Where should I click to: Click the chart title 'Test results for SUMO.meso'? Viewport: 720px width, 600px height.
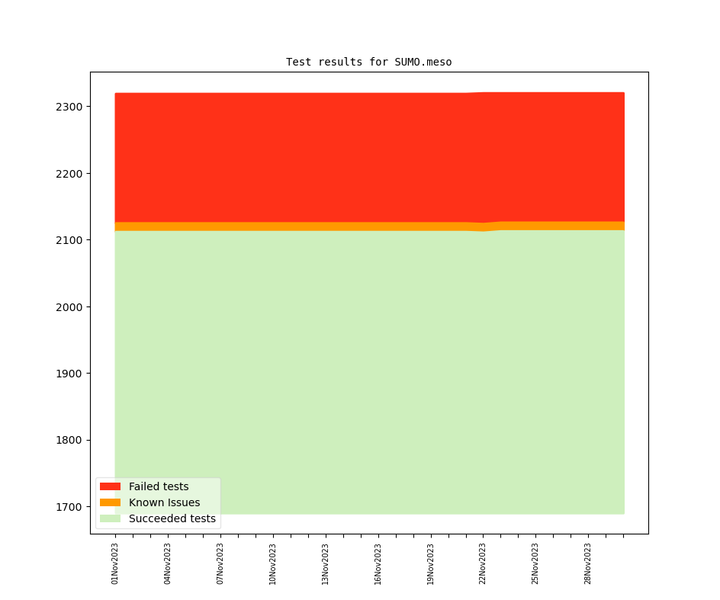click(368, 62)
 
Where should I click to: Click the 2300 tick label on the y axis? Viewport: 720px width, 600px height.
click(69, 107)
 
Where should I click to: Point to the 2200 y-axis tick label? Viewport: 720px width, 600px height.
click(69, 174)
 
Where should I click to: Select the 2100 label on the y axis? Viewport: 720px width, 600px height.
click(69, 240)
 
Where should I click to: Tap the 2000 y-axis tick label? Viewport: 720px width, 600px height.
click(69, 307)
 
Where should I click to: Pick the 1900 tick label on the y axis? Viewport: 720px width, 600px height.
click(69, 374)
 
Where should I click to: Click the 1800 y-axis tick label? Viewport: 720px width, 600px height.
click(69, 441)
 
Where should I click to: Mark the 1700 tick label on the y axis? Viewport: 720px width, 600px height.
click(69, 507)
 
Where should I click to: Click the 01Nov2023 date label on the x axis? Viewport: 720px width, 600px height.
click(115, 563)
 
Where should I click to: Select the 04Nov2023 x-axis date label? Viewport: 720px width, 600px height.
click(168, 563)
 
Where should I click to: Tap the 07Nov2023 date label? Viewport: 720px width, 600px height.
click(220, 563)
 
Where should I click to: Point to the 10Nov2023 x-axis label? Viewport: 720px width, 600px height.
click(273, 563)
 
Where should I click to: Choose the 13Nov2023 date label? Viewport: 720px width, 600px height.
click(326, 563)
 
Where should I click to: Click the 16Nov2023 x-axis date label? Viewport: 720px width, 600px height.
click(378, 563)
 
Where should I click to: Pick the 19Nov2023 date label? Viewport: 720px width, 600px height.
click(431, 563)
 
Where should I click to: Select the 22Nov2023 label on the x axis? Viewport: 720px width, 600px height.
click(483, 563)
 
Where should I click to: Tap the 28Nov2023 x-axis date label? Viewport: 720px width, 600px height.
click(588, 563)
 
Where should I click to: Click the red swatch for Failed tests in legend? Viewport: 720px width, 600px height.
click(110, 486)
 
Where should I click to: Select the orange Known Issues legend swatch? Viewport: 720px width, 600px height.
click(110, 502)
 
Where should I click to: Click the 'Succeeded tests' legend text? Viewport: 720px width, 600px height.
click(172, 519)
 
